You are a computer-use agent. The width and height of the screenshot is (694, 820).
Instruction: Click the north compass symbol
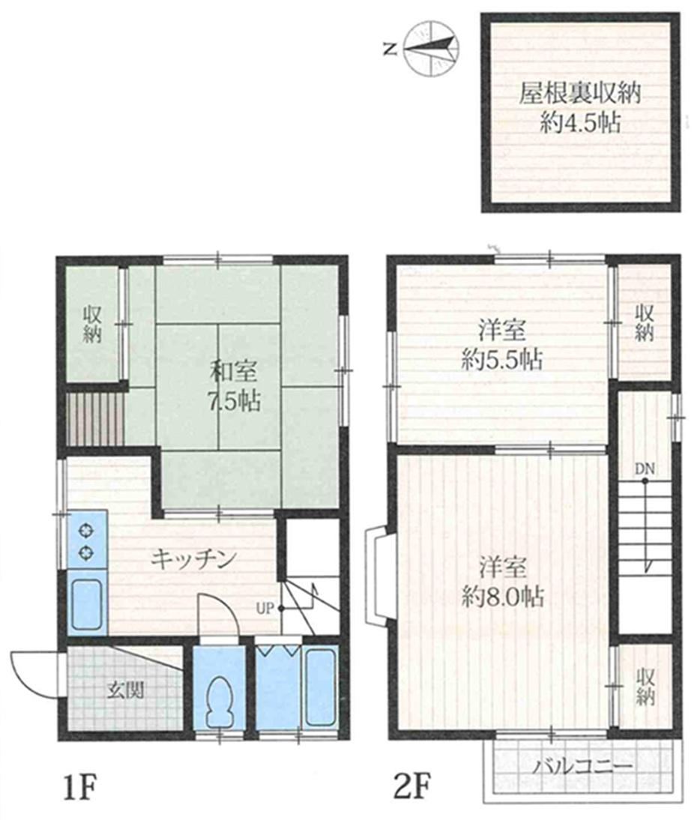431,48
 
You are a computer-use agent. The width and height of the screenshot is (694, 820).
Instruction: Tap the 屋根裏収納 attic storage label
579,95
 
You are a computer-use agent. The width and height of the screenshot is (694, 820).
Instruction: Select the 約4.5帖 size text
580,124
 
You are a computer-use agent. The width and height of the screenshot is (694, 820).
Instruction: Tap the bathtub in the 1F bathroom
320,687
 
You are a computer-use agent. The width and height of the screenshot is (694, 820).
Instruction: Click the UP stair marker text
266,608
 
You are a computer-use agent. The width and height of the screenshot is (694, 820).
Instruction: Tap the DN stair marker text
645,468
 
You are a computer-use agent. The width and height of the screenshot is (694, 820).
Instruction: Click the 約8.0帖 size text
502,597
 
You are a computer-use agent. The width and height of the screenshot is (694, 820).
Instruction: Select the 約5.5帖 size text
501,361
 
